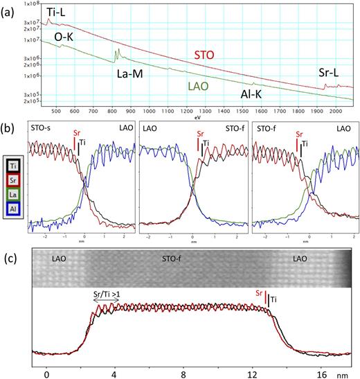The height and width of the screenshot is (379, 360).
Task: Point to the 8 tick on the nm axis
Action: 183,371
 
